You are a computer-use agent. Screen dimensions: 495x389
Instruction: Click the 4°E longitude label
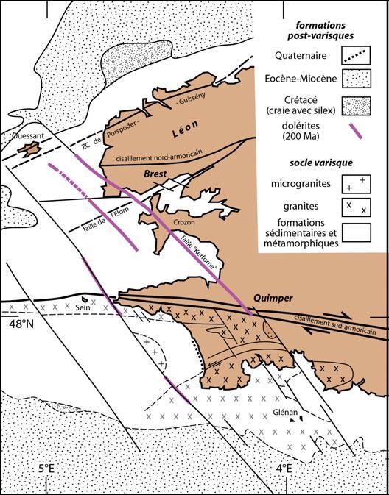[x=282, y=466]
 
